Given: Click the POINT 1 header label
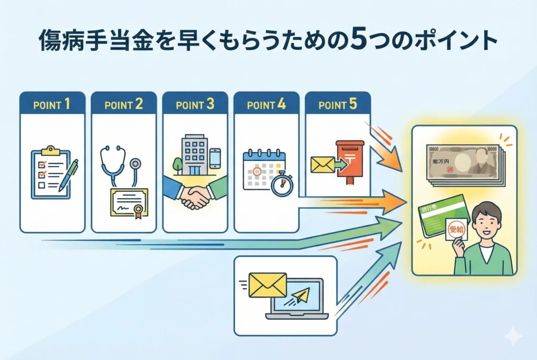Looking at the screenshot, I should [x=52, y=104].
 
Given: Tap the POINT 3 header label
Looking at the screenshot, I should [x=195, y=104].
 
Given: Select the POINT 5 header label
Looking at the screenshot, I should [x=338, y=104].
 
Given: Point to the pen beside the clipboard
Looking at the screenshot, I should [x=69, y=174].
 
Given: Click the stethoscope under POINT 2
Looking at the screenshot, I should [x=119, y=163].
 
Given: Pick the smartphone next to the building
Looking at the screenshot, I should [x=215, y=158].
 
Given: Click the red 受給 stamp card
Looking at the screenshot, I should [x=455, y=231].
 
